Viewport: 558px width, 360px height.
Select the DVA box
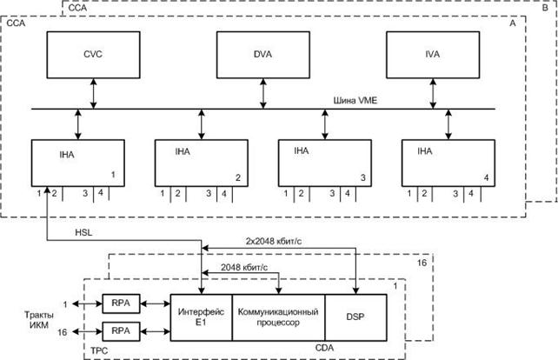[x=263, y=54]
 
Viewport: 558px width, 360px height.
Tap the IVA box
[x=432, y=54]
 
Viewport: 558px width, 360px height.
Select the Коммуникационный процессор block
[x=278, y=316]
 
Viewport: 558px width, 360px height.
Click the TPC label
[x=99, y=350]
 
